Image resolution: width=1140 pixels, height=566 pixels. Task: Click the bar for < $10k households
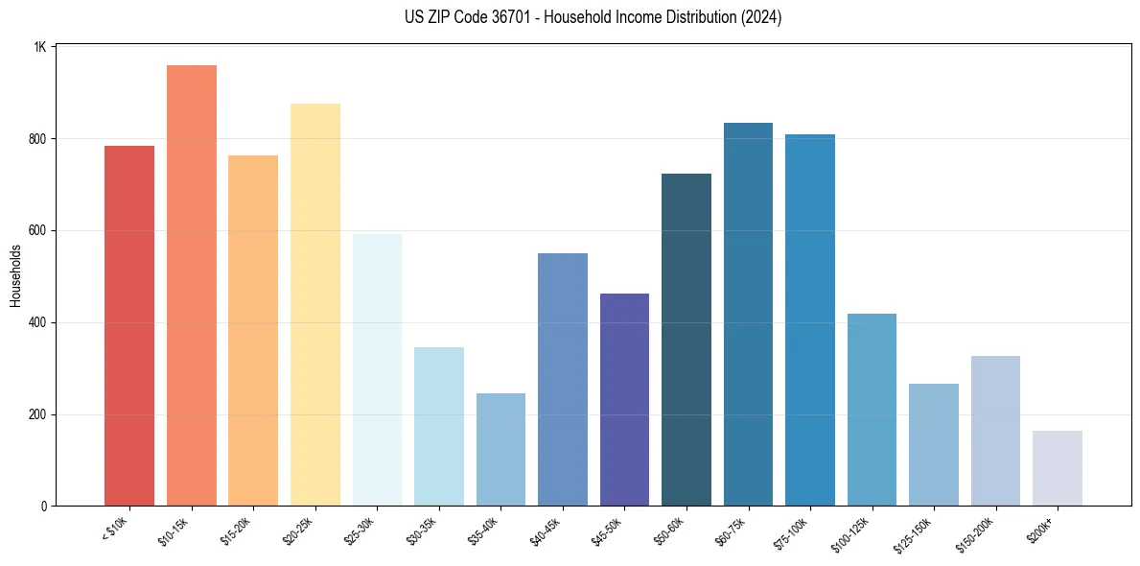pyautogui.click(x=128, y=326)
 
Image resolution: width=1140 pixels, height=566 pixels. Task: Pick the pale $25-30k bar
pyautogui.click(x=377, y=370)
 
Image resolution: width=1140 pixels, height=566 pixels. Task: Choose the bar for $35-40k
pyautogui.click(x=500, y=450)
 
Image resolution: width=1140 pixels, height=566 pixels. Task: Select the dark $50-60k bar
pyautogui.click(x=686, y=340)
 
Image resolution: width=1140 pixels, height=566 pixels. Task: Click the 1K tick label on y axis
pyautogui.click(x=40, y=47)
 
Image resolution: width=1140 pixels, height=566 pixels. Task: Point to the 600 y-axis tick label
pyautogui.click(x=37, y=231)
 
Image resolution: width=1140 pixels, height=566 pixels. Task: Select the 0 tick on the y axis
pyautogui.click(x=44, y=507)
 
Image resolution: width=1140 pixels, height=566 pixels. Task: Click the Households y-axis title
pyautogui.click(x=16, y=275)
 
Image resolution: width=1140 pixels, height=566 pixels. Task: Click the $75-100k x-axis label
pyautogui.click(x=792, y=531)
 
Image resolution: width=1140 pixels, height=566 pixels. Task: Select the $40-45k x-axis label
pyautogui.click(x=546, y=531)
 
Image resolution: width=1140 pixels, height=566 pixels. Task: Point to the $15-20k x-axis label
pyautogui.click(x=236, y=531)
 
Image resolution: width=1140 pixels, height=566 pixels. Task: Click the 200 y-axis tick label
pyautogui.click(x=37, y=415)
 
